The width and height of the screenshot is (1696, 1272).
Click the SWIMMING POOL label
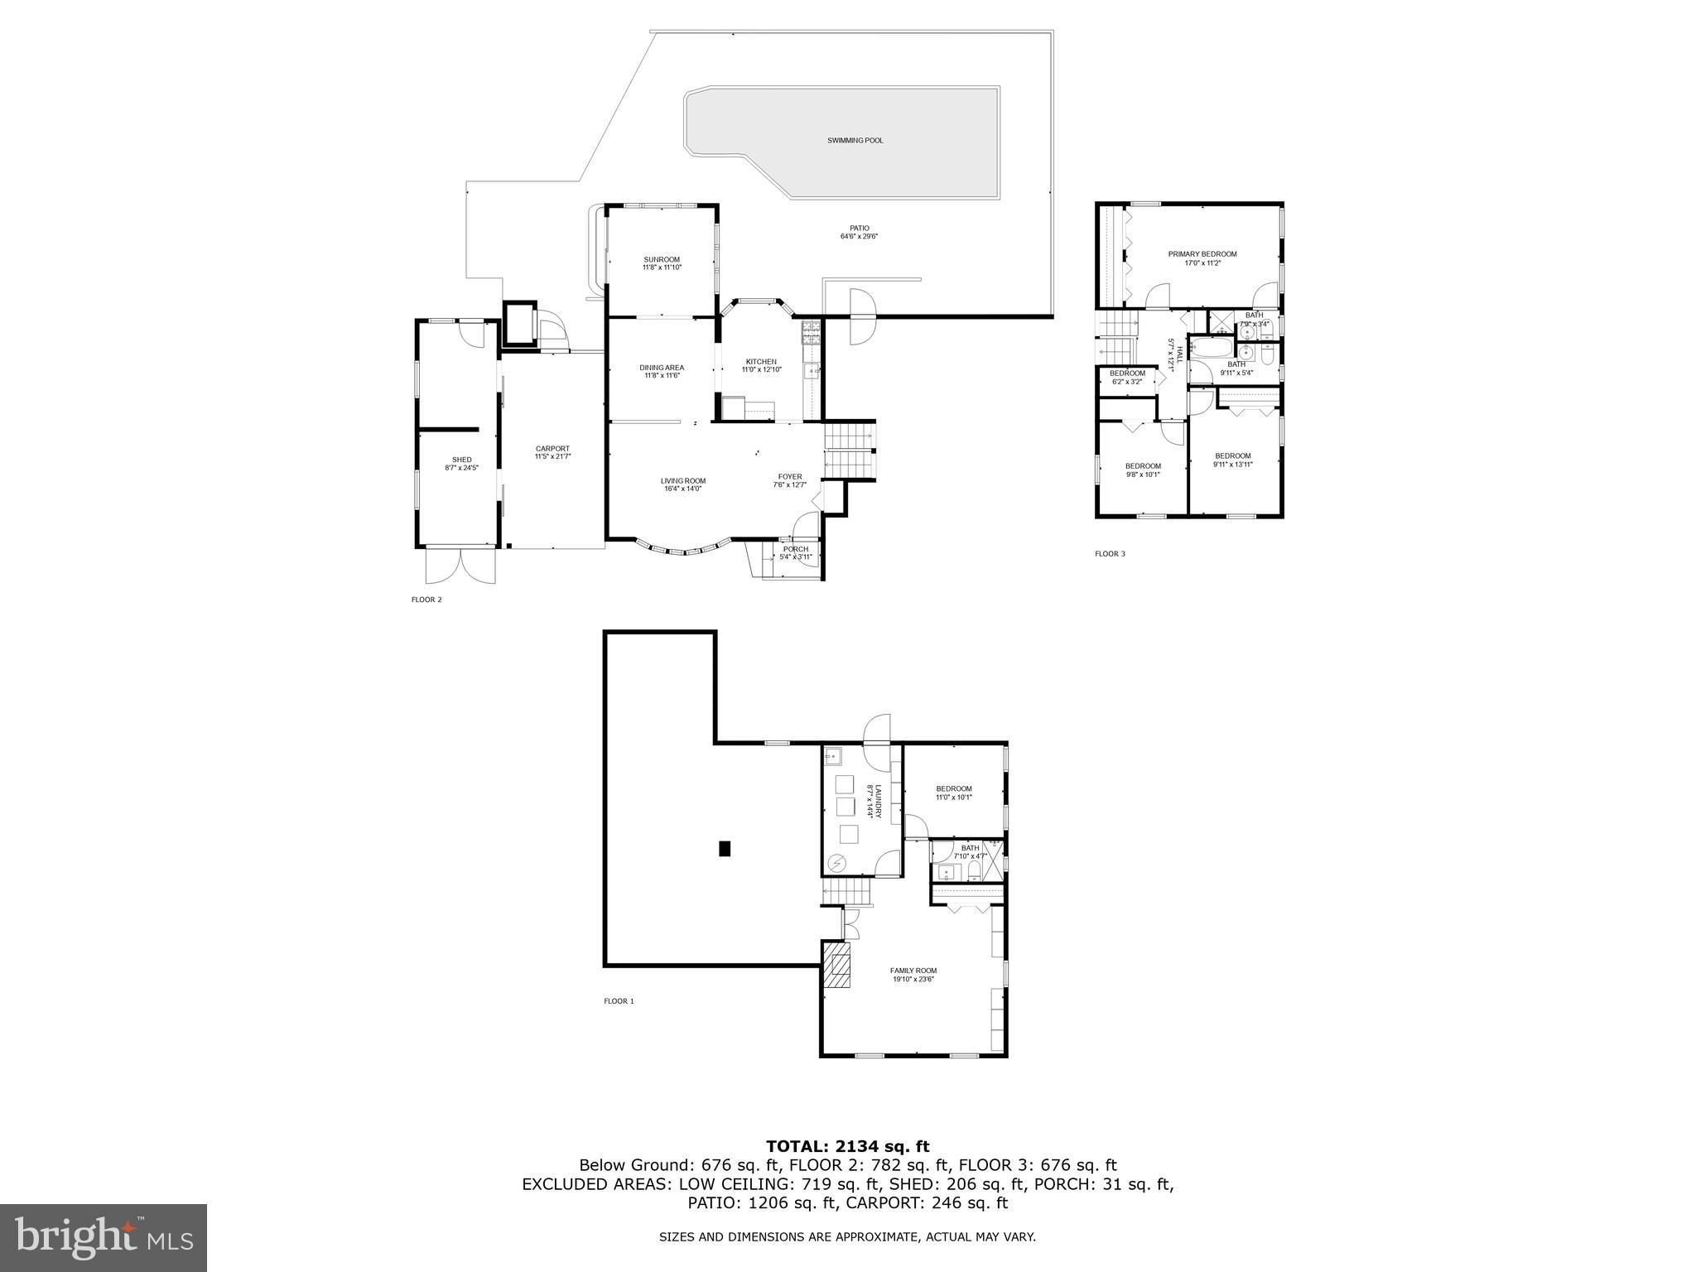coord(855,141)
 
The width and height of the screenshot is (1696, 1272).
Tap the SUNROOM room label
coord(662,260)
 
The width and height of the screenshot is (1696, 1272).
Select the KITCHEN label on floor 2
coord(761,362)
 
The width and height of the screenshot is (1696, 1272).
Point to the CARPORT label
coord(552,449)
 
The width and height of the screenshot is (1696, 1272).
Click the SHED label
coord(461,460)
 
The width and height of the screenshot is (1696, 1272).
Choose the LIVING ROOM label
coord(683,481)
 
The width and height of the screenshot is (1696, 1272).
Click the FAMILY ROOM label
coord(913,971)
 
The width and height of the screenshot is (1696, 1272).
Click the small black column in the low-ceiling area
coord(725,848)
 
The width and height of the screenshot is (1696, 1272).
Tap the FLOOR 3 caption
coord(1110,554)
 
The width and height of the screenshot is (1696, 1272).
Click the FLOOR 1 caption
coord(619,1001)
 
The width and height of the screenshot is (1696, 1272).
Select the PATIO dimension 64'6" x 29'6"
coord(859,237)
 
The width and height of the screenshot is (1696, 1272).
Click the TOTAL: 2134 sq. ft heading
coord(847,1146)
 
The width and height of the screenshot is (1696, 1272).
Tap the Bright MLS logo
coord(104,1238)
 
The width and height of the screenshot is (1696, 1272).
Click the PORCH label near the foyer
coord(795,549)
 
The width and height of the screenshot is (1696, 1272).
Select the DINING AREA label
coord(662,368)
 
